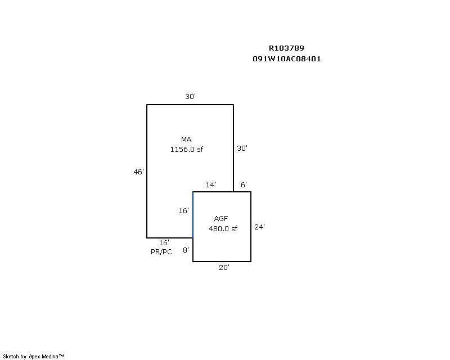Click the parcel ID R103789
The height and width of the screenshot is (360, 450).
286,48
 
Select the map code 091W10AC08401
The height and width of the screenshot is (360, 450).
287,59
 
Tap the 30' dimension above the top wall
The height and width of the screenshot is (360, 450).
190,96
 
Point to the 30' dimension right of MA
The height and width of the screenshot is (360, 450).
242,148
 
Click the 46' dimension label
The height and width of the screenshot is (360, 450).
138,172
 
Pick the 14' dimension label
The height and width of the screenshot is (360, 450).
210,184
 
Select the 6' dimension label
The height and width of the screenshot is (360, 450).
244,184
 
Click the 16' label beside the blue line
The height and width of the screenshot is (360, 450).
184,211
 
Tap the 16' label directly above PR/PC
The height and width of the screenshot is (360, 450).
164,242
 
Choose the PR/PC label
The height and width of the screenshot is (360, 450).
161,252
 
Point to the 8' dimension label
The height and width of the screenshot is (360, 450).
186,250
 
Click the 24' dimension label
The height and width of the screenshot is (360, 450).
259,227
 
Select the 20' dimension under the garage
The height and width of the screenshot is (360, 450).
224,268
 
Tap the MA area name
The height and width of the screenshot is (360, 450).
186,140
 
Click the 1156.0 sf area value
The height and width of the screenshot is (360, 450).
187,149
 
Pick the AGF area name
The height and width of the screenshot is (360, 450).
221,218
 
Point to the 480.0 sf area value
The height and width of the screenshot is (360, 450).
223,228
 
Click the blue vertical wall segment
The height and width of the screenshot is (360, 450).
193,215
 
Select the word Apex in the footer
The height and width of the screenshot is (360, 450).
34,357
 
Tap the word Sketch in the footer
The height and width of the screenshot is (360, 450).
11,357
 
